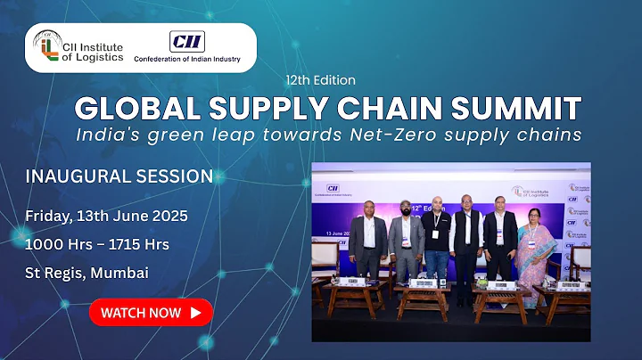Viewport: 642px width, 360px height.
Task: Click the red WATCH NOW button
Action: click(151, 313)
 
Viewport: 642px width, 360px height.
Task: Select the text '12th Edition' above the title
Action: click(320, 79)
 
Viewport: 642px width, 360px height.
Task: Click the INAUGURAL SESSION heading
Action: click(119, 176)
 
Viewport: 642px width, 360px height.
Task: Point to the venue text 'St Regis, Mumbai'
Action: click(86, 272)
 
